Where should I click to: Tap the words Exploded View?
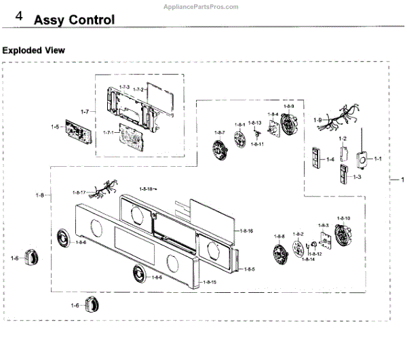tap(34, 50)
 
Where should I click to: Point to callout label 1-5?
tap(55, 127)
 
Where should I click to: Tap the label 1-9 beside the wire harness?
tap(317, 120)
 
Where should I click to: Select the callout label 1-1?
tap(378, 159)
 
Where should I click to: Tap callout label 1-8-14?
tap(308, 260)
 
